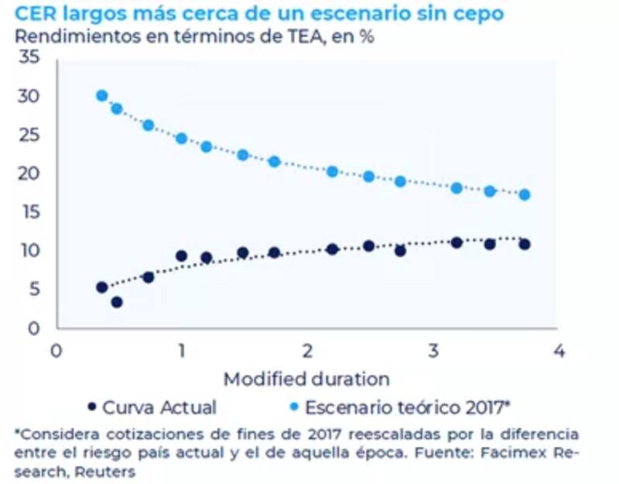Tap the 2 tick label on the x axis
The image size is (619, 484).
(307, 350)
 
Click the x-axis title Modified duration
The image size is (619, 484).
(306, 379)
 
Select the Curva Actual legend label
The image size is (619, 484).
(159, 407)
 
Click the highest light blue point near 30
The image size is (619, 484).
(101, 95)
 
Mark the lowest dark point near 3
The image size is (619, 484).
(117, 302)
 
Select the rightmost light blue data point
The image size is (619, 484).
(525, 194)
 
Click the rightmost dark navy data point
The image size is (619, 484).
(525, 244)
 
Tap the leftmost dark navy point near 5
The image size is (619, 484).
(101, 287)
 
